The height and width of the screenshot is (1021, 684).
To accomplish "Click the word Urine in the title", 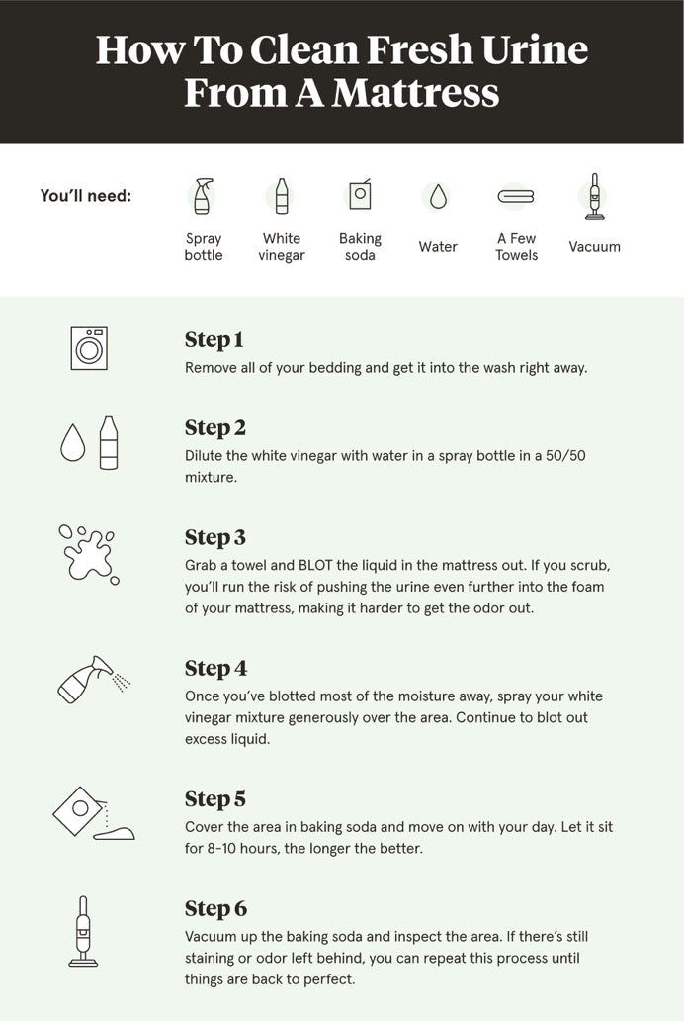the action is [535, 49].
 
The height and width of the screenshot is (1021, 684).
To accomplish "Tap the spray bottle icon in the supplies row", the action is [203, 196].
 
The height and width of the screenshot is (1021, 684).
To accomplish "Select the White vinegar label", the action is [281, 246].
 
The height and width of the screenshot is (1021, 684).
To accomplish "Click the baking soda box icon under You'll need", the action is [360, 194].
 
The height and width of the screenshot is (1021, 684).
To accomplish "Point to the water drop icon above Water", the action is [438, 196].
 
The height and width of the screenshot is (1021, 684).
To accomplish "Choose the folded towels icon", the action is [516, 195].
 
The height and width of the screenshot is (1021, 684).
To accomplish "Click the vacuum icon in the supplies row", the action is [593, 196].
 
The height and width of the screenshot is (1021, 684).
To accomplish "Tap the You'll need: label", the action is [86, 195].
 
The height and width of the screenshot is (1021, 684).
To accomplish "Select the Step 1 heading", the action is [214, 339].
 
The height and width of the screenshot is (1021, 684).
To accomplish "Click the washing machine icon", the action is [89, 349].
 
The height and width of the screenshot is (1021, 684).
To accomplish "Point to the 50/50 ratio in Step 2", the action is [565, 456].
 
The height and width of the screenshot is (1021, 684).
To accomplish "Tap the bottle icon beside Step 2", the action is [109, 443].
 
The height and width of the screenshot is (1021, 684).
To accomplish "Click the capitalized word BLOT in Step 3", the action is [315, 565].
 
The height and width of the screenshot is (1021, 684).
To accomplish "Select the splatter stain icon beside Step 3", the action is [89, 554].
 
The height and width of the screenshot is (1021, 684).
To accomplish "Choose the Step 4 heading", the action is [216, 668].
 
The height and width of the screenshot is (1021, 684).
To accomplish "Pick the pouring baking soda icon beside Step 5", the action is [93, 814].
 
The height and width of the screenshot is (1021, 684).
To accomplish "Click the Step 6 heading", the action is [216, 908].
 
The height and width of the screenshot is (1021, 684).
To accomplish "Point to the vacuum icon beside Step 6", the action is [83, 932].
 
